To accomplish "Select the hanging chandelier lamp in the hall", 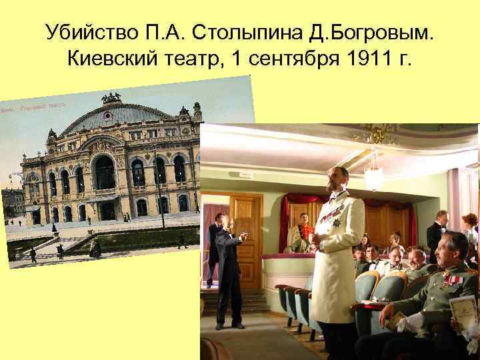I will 374,177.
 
